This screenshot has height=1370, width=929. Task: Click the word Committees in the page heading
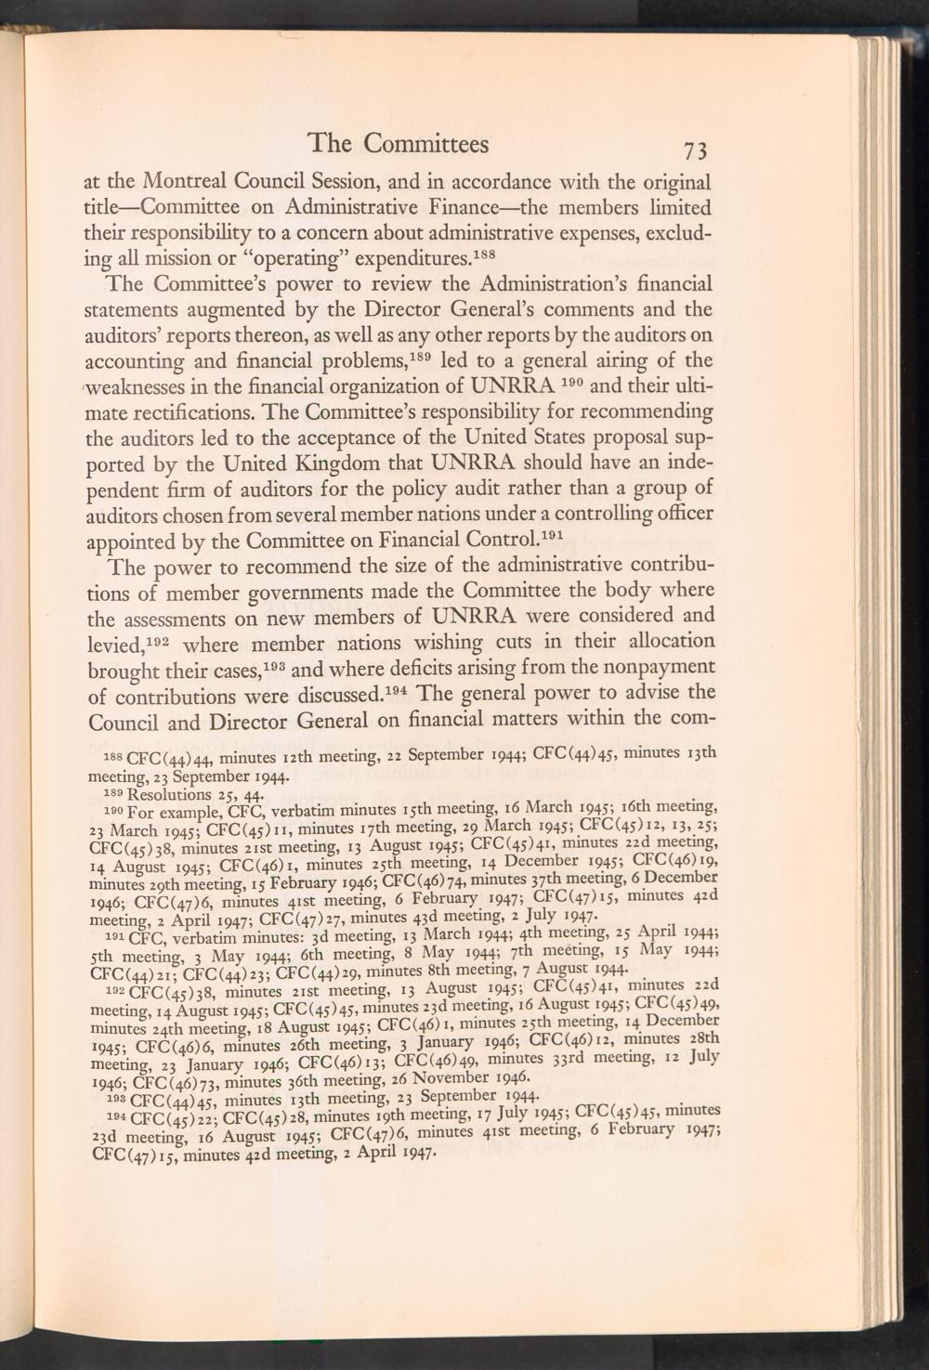tap(425, 143)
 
